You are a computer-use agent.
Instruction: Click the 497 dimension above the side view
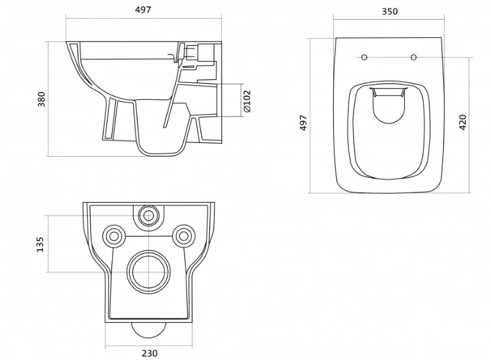click(143, 10)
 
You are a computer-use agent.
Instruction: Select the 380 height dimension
click(41, 99)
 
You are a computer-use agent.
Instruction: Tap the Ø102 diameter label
click(247, 101)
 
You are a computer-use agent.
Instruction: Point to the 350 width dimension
click(389, 12)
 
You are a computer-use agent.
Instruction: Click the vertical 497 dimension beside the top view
click(303, 123)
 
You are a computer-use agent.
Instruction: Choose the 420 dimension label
click(463, 123)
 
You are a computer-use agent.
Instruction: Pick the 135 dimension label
click(40, 244)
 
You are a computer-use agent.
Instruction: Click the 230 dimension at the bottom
click(150, 353)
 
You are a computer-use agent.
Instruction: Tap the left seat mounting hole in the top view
click(364, 58)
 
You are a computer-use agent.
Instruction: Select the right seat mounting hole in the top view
click(414, 58)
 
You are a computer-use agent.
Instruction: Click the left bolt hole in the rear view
click(114, 236)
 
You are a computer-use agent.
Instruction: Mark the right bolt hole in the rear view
click(184, 236)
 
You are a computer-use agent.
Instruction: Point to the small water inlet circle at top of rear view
click(149, 216)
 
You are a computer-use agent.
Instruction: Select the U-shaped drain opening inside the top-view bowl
click(388, 122)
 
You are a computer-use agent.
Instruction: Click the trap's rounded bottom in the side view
click(160, 155)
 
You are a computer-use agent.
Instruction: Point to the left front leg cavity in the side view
click(111, 119)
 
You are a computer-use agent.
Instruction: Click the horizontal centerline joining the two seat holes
click(389, 58)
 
